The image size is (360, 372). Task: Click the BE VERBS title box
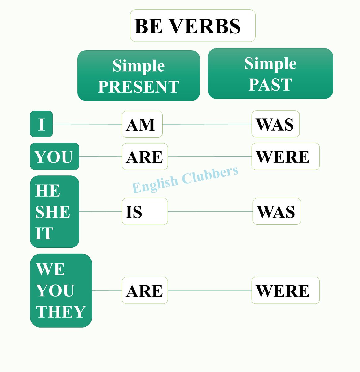192,26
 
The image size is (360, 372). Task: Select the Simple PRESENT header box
138,76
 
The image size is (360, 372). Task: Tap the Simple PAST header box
270,73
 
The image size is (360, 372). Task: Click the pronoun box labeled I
41,124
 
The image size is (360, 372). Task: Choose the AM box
142,124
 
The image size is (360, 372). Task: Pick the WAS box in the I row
275,124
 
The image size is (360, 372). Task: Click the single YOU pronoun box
55,157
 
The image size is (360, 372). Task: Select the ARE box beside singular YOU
145,157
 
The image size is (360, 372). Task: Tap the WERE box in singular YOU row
285,157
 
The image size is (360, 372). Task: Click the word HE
48,191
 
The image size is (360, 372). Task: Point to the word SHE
53,212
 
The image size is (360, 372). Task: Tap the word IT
44,233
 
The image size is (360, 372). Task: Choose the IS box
145,212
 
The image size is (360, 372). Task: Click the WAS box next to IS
277,212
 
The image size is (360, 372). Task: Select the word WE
50,269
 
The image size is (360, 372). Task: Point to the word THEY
61,312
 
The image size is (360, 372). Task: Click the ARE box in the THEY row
145,291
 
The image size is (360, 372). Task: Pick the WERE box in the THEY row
285,291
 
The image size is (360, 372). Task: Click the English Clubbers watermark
185,180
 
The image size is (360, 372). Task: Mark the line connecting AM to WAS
207,124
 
